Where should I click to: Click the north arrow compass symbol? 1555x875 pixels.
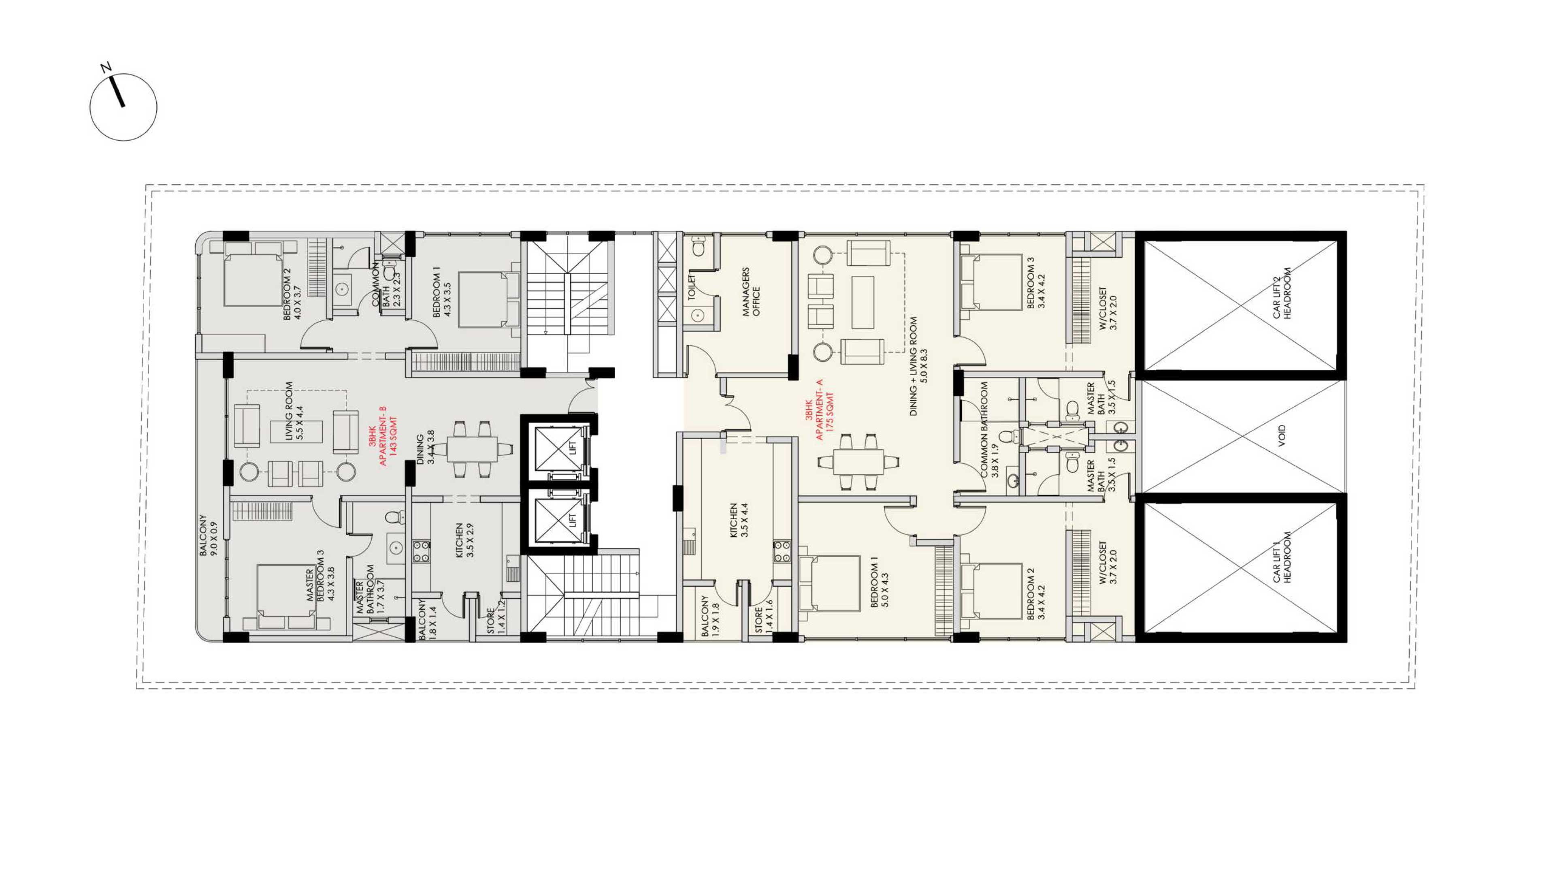[123, 106]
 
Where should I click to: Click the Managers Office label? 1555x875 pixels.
[752, 292]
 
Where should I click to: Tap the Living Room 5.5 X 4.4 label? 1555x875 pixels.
[294, 411]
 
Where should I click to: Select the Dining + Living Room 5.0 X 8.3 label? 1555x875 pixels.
[919, 367]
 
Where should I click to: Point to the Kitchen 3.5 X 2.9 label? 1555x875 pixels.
[464, 540]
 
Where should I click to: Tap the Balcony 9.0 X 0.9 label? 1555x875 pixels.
[208, 535]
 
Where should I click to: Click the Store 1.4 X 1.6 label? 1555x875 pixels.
[764, 615]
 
